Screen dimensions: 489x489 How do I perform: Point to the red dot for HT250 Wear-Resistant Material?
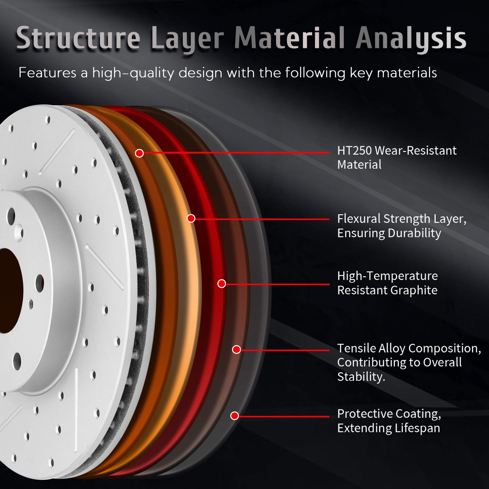(139, 153)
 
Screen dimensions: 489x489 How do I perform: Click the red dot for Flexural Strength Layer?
(191, 218)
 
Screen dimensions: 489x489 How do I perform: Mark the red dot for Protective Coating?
(235, 416)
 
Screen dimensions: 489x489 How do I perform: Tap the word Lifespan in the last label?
(417, 428)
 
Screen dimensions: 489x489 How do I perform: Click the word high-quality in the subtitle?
(133, 73)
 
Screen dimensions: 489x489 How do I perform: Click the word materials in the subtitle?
(407, 73)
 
